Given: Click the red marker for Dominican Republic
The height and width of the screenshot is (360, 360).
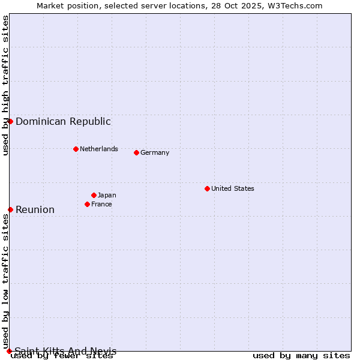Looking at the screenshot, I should point(10,121).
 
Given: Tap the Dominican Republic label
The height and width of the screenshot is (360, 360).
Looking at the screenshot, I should point(63,121).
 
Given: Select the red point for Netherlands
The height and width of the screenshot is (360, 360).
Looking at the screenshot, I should point(76,149).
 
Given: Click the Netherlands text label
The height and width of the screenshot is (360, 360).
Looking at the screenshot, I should point(99,149).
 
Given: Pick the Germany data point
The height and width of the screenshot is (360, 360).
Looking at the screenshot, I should point(136,152).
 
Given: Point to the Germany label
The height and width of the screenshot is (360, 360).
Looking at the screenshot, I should point(155,152).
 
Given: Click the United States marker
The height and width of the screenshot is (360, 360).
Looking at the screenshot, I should point(207,188).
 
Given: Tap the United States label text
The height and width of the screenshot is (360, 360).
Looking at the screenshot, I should point(233,188).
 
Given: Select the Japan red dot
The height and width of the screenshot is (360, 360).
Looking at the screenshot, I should point(94,195).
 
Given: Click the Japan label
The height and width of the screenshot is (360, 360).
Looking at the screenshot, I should point(107,195).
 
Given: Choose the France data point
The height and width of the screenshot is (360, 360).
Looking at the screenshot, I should point(87,204).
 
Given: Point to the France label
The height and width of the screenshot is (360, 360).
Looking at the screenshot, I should point(101,204).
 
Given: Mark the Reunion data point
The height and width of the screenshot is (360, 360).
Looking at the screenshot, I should point(10,209).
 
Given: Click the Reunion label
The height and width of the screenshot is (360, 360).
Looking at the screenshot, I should point(35,209).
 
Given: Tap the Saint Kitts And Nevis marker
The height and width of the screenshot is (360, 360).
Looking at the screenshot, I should point(9,351).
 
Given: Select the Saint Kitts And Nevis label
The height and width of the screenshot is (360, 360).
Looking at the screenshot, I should point(65,351).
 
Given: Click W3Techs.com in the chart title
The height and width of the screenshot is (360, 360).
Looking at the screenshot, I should point(295,6).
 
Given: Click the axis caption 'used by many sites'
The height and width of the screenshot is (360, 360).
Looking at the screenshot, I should point(301,356).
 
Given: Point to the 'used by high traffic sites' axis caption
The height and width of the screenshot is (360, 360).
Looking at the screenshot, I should point(6,85).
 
